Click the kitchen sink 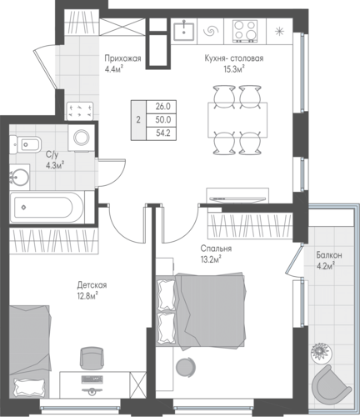click(183, 31)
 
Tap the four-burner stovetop click(244, 31)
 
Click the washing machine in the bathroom click(82, 138)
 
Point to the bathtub click(47, 207)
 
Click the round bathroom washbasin click(19, 177)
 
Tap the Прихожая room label click(122, 58)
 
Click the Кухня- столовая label click(234, 58)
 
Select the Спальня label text click(216, 249)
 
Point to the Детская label click(92, 285)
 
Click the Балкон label click(329, 255)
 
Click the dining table click(237, 120)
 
